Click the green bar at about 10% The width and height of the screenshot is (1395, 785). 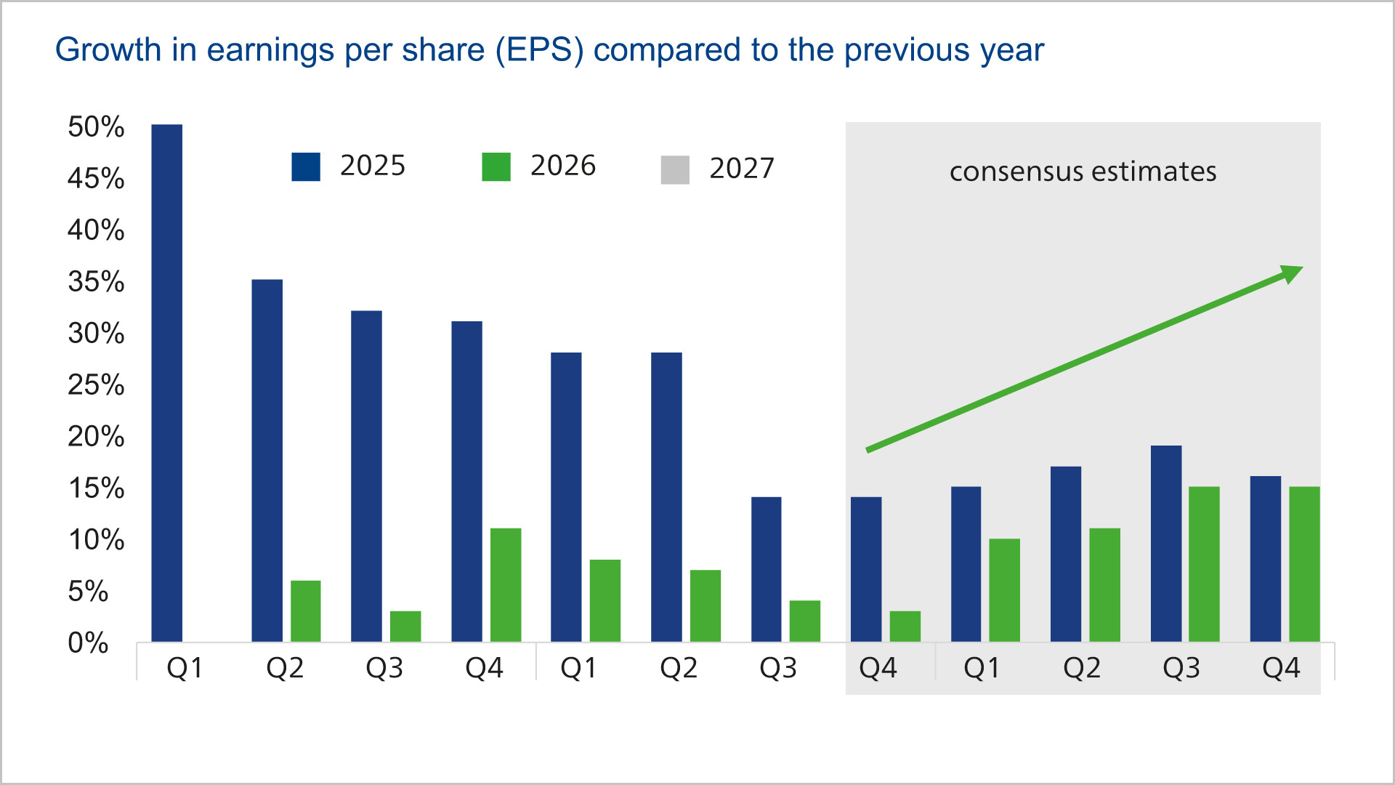[x=1004, y=589]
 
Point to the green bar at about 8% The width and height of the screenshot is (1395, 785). [x=604, y=600]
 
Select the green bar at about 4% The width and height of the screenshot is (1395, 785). [x=804, y=621]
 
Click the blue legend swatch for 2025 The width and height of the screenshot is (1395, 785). [x=306, y=166]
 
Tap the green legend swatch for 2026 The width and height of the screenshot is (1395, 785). [x=496, y=166]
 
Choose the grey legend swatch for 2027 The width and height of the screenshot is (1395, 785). [x=675, y=169]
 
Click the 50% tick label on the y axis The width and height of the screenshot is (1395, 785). [x=96, y=126]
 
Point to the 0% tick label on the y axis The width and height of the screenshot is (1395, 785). [x=88, y=643]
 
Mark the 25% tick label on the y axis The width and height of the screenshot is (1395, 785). [x=96, y=385]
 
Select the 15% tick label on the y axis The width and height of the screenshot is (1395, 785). [x=96, y=488]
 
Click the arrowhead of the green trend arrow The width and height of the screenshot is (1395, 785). [x=1291, y=273]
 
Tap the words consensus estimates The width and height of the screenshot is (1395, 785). [x=1083, y=172]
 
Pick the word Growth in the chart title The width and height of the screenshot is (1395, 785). [x=108, y=50]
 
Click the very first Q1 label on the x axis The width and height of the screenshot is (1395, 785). [x=185, y=668]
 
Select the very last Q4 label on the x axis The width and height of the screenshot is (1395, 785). [x=1281, y=668]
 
